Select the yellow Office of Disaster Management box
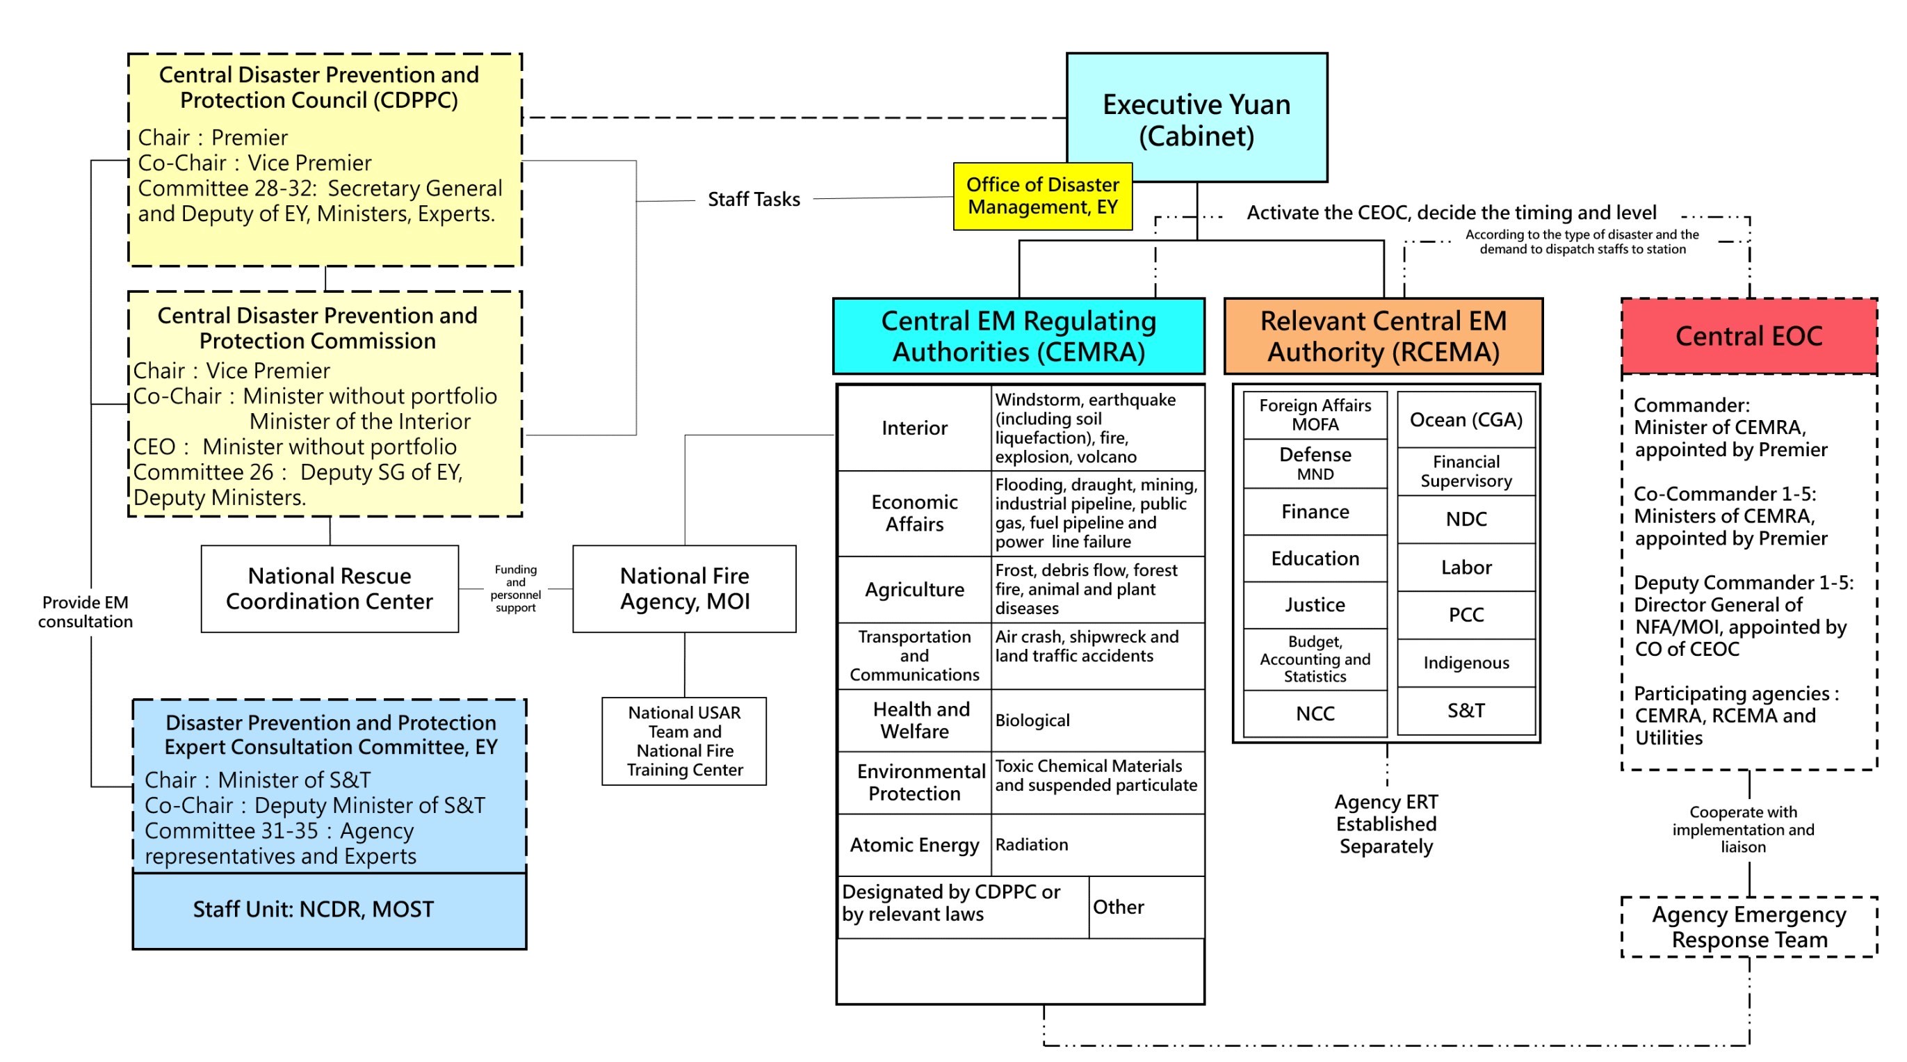coord(1042,196)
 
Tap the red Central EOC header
coord(1748,336)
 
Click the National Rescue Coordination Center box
coord(330,589)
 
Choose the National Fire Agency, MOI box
coord(684,589)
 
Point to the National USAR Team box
coord(684,741)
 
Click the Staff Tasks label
coord(754,199)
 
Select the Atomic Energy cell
coord(914,845)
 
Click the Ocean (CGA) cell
coord(1466,420)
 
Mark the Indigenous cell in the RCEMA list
coord(1466,663)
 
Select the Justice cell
coord(1315,605)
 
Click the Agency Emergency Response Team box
coord(1748,927)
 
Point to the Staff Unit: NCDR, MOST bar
coord(330,910)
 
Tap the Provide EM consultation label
coord(85,612)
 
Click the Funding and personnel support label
coord(515,589)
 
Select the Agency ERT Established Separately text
coord(1386,823)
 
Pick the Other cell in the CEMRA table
coord(1144,907)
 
